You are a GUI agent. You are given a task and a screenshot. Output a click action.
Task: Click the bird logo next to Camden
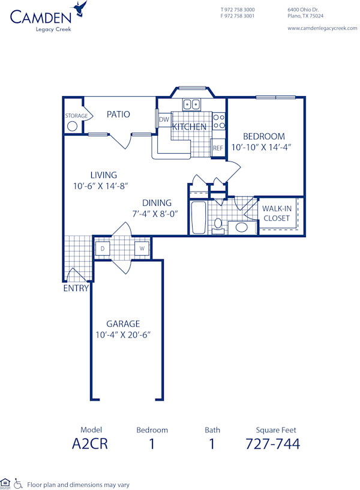click(x=79, y=9)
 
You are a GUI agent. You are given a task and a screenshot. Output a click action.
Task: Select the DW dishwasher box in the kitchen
click(x=164, y=120)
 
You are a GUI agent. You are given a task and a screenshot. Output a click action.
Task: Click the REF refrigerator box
click(x=218, y=148)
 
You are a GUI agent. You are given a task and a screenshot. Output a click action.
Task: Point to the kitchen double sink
click(x=192, y=104)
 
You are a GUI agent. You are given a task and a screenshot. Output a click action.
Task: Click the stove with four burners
click(x=219, y=121)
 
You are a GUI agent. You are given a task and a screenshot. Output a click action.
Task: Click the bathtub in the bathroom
click(x=198, y=217)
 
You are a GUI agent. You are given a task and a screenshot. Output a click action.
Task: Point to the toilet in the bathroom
click(x=218, y=225)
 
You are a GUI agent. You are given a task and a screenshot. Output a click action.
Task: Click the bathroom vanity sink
click(x=242, y=227)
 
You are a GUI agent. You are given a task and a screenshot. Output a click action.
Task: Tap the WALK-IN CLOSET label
click(x=277, y=213)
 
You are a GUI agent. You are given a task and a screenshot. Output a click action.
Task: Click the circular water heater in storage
click(x=73, y=126)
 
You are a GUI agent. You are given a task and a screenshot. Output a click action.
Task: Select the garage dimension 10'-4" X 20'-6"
click(x=122, y=334)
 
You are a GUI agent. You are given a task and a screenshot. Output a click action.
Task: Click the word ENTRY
click(x=76, y=288)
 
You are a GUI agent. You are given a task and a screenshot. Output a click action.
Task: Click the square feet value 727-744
click(x=272, y=444)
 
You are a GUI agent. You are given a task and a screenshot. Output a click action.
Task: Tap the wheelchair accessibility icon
click(x=18, y=483)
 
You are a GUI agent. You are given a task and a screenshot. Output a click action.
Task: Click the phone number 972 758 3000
click(x=240, y=10)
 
